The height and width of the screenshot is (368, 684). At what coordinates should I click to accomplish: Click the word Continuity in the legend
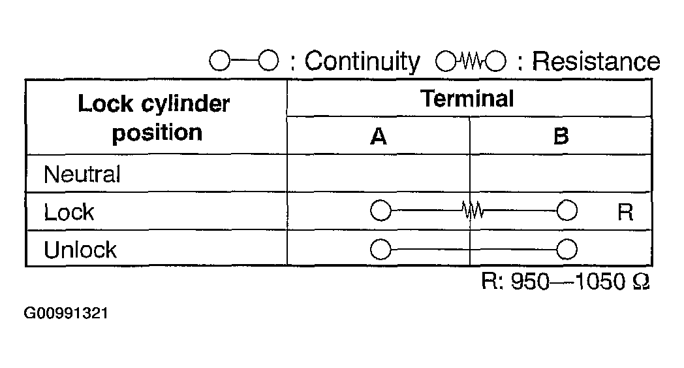[362, 61]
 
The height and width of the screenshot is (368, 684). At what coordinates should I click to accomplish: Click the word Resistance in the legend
[596, 61]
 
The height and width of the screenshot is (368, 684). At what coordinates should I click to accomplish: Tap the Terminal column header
[467, 99]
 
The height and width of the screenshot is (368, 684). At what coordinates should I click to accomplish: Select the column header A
[378, 137]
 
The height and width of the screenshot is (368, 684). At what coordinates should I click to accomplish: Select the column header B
[561, 137]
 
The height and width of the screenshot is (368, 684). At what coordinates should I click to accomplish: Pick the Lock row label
[69, 212]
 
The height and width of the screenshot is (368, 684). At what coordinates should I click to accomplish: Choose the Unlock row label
[80, 249]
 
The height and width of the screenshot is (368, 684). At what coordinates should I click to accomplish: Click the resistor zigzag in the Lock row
[472, 211]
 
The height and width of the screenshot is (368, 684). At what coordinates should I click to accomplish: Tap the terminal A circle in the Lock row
[380, 211]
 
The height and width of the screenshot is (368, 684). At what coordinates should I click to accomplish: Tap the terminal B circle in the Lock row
[567, 211]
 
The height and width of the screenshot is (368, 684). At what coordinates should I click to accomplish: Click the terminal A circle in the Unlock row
[380, 249]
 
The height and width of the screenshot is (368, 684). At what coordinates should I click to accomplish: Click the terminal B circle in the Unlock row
[567, 249]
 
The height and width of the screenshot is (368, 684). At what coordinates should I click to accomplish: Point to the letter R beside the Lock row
[625, 212]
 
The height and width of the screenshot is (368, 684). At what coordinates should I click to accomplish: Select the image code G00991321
[66, 313]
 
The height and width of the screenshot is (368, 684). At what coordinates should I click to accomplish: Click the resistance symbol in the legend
[471, 62]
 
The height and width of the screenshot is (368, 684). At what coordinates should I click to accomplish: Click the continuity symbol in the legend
[244, 62]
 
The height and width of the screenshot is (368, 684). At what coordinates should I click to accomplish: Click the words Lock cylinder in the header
[154, 104]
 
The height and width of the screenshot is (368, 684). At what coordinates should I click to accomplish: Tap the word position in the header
[157, 133]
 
